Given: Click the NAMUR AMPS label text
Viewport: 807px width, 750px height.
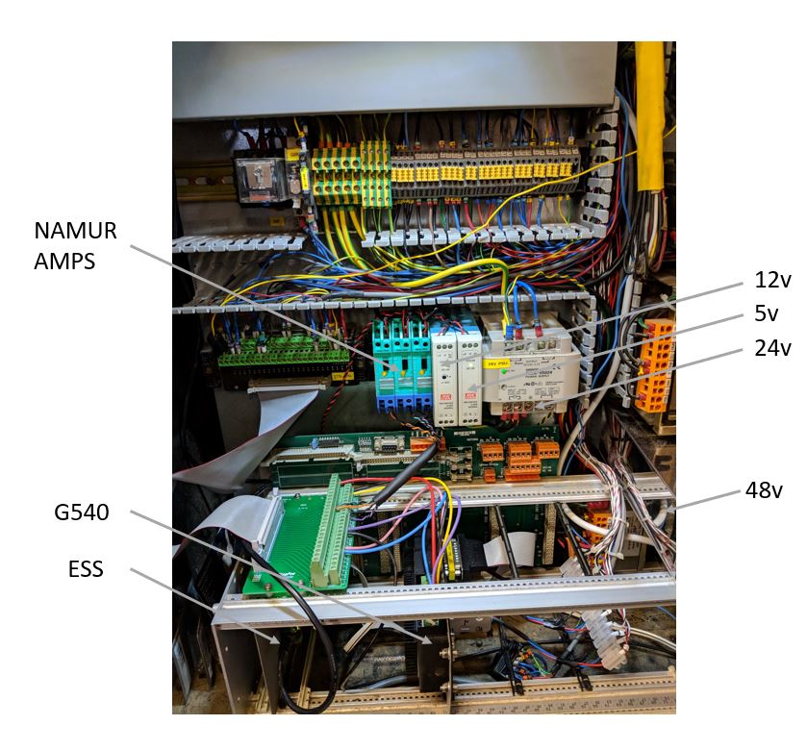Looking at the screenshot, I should [x=75, y=245].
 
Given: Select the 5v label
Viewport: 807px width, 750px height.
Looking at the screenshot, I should [x=767, y=313].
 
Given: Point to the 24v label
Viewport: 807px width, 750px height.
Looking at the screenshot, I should [x=772, y=347].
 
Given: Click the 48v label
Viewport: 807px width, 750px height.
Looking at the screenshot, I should [x=764, y=490].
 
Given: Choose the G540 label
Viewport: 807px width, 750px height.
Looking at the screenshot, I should [x=81, y=512].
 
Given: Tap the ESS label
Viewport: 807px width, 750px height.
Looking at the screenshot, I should [x=87, y=570].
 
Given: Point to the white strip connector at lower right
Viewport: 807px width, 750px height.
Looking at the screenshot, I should [x=616, y=625].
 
